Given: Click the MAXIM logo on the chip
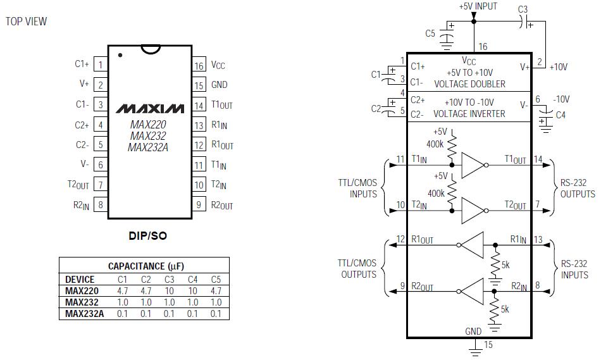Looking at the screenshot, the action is pos(150,109).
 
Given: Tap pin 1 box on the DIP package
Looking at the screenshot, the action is pos(101,65).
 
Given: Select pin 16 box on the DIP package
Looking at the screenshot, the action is pos(199,66).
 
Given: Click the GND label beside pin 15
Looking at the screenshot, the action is pos(220,85).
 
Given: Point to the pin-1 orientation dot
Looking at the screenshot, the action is pos(120,55).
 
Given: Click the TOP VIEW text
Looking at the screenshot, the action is pos(26,22).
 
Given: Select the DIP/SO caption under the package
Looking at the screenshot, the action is pos(148,235).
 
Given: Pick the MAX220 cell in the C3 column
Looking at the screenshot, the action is pos(169,291).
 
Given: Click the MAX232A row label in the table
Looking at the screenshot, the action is pos(84,314).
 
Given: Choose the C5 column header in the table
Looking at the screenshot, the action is pos(216,280).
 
